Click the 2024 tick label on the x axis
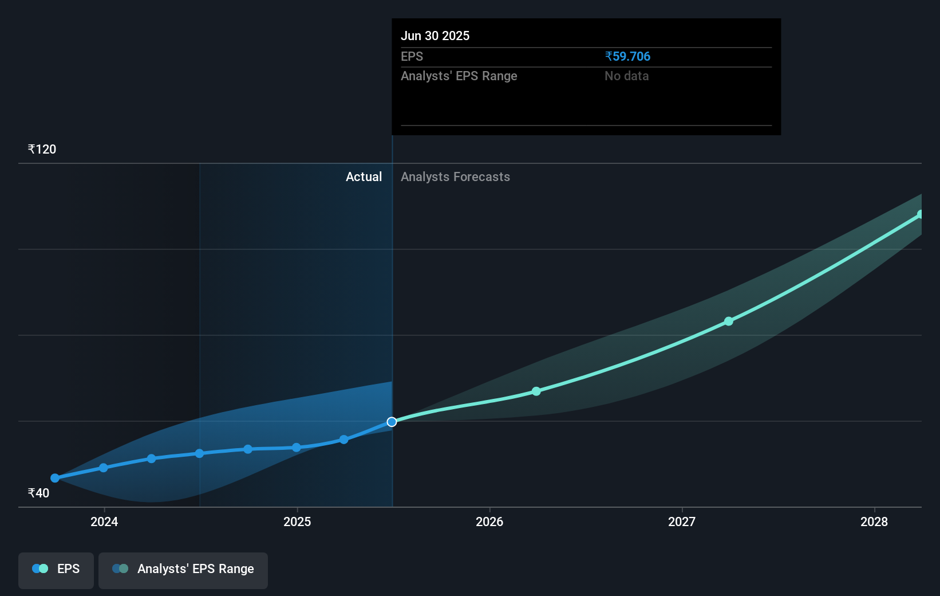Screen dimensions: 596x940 tap(104, 521)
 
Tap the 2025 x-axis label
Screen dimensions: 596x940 tap(297, 521)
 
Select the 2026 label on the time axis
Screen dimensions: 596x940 tap(489, 521)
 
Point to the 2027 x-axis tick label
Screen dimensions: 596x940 tap(682, 521)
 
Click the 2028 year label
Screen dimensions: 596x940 tap(874, 521)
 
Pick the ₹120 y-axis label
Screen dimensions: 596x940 tap(42, 150)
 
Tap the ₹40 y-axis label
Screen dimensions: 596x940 tap(38, 493)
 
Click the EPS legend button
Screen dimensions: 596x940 tap(56, 569)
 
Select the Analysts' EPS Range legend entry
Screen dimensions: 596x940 tap(183, 569)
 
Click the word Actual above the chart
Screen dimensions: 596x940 tap(364, 177)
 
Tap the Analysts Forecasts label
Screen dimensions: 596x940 tap(455, 177)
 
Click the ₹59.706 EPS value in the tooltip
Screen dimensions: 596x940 tap(627, 57)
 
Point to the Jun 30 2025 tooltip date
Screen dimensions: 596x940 tap(435, 36)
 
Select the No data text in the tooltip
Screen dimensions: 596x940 tap(626, 76)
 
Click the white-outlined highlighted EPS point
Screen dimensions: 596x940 tap(392, 422)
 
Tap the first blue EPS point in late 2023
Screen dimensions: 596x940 tap(55, 478)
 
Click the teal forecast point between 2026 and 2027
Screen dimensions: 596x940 tap(536, 391)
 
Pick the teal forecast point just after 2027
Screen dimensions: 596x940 tap(729, 321)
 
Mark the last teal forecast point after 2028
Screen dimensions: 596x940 tap(920, 214)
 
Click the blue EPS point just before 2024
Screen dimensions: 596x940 tap(104, 468)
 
